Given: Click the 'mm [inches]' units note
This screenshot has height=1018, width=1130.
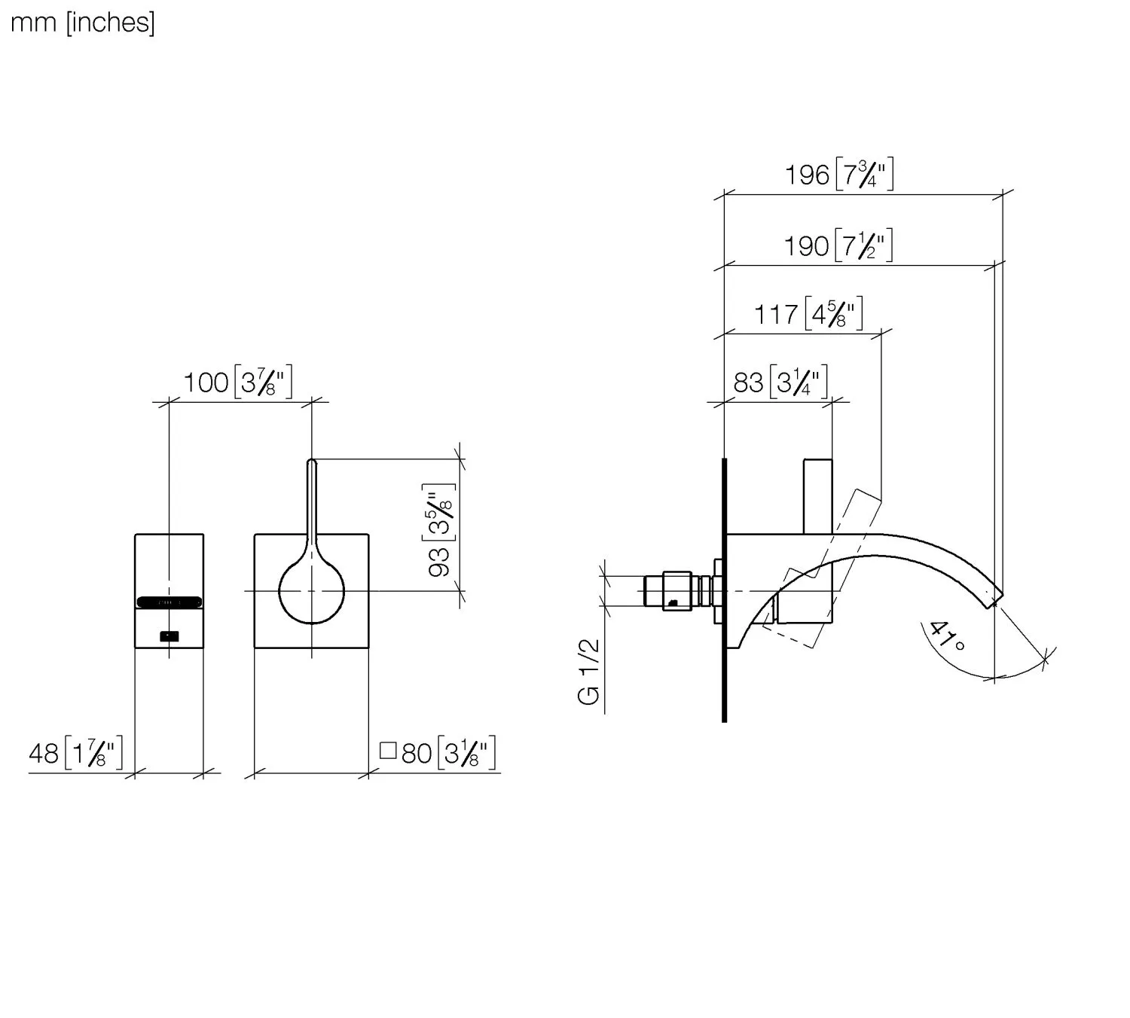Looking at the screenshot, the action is coord(82,23).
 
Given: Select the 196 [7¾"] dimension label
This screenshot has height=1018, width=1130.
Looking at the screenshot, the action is coord(839,174).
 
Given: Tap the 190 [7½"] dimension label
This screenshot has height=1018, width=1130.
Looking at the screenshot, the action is coord(838,245).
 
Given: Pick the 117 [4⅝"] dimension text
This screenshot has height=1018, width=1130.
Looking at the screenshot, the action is coord(808,314).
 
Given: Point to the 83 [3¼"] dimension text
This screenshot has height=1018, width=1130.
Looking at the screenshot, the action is coord(780,383).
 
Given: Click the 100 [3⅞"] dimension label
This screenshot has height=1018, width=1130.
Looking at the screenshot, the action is coord(238,383).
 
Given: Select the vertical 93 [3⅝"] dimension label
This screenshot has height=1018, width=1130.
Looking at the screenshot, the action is coord(439,530).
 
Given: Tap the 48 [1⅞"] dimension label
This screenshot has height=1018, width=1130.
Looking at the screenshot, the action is coord(75,753).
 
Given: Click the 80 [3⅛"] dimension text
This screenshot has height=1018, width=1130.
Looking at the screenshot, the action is coord(448,753).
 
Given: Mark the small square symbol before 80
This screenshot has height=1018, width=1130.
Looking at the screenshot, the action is coord(388,751).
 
